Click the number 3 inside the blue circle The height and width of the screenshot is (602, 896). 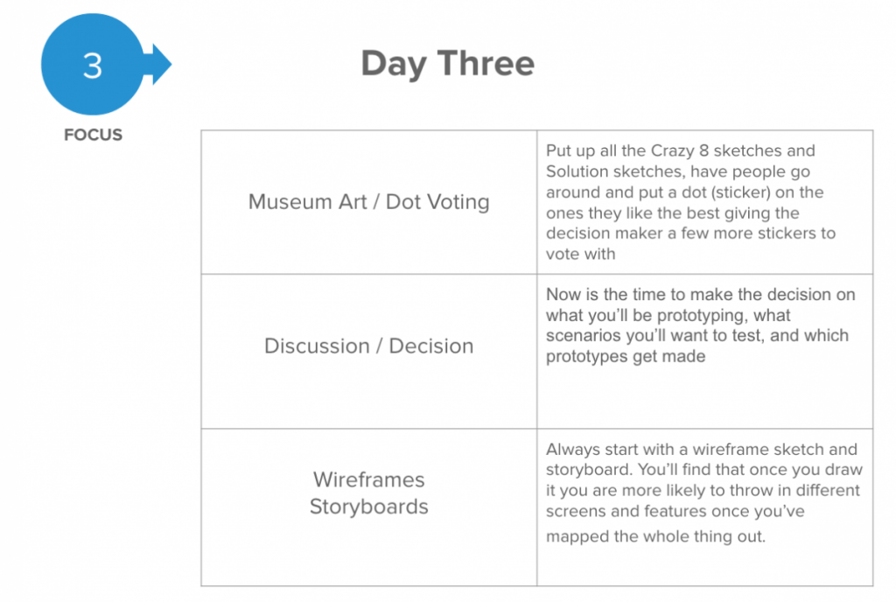coord(93,66)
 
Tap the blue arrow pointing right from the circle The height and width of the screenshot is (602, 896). coord(158,64)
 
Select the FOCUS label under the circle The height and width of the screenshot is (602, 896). coord(93,135)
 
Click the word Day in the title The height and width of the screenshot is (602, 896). coord(394,64)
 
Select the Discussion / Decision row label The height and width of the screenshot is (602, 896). coord(368,346)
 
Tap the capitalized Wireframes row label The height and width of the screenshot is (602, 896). coord(368,479)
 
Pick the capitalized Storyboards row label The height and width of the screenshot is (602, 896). coord(368,507)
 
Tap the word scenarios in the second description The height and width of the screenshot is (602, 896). coord(584,335)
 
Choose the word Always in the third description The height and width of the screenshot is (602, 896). coord(573,450)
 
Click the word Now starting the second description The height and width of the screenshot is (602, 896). coord(563,295)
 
